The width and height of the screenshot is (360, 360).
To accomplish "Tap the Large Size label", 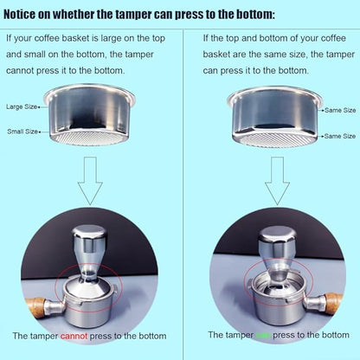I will (x=22, y=106).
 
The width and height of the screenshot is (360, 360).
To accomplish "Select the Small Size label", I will (x=22, y=131).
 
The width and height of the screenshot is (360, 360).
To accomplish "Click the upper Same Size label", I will (x=338, y=111).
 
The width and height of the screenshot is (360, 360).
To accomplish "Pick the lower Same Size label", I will (x=338, y=136).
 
